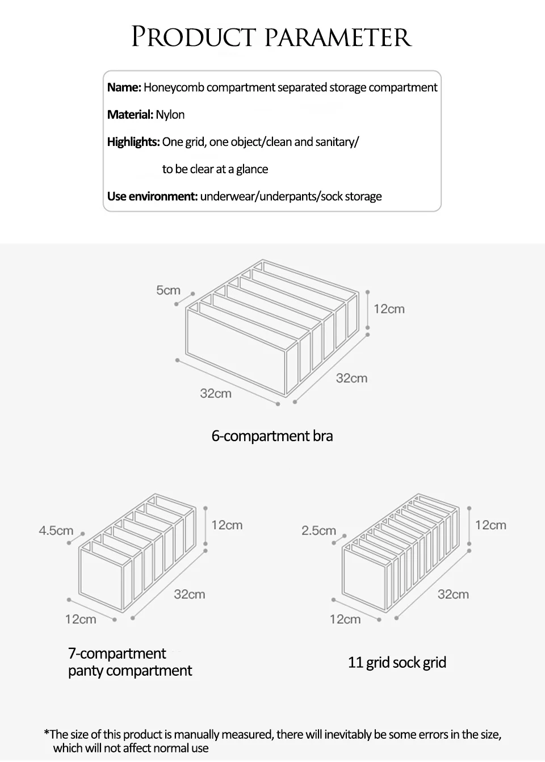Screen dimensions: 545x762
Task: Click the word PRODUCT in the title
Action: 194,37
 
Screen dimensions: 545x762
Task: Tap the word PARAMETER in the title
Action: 338,37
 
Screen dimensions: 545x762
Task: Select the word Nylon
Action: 170,115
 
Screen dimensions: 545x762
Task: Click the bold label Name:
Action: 124,87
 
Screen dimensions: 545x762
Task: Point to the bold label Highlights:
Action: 133,142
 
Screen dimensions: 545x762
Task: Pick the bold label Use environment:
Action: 152,196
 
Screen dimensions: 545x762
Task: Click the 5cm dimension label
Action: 168,291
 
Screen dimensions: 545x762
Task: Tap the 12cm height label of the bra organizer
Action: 389,309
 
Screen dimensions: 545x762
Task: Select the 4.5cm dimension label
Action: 56,531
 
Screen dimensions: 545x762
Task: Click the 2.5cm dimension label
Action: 318,531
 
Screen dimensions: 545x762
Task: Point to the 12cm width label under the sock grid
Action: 345,619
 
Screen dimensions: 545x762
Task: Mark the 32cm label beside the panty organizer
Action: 189,594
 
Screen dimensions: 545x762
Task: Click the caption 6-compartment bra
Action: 272,436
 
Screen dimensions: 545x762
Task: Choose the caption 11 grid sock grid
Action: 397,663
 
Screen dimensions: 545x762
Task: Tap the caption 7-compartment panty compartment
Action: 130,662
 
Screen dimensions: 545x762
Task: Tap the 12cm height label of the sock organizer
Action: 491,525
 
